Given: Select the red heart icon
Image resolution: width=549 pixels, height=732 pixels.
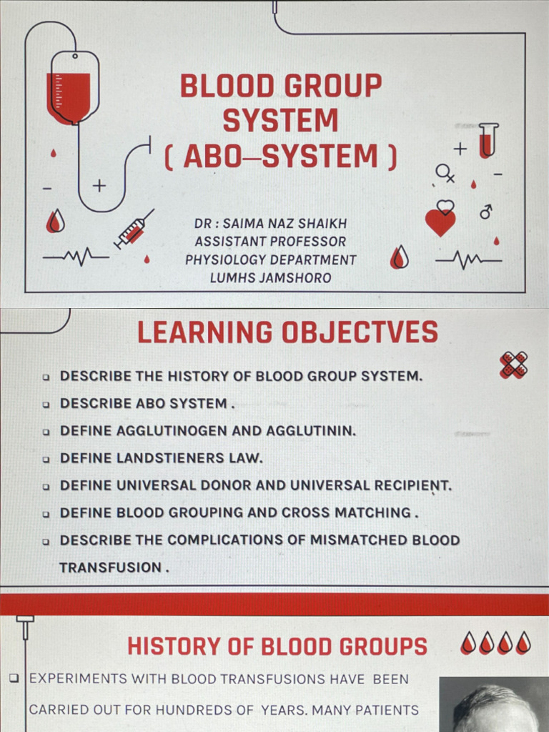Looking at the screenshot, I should [x=440, y=219].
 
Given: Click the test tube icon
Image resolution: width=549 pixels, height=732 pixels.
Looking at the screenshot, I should [x=488, y=140].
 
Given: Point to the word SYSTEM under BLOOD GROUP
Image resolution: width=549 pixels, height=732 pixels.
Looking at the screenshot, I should [x=280, y=120].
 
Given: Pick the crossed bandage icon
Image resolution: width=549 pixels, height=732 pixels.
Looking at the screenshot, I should [x=513, y=365].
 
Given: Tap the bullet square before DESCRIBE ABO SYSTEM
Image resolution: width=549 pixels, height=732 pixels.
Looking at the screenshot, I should [x=46, y=405].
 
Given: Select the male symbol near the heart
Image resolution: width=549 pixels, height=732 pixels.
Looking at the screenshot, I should [x=486, y=212].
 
